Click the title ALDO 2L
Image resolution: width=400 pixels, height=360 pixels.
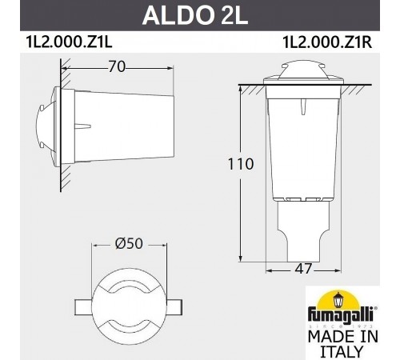198,15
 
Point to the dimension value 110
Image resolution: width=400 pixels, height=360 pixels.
240,166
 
